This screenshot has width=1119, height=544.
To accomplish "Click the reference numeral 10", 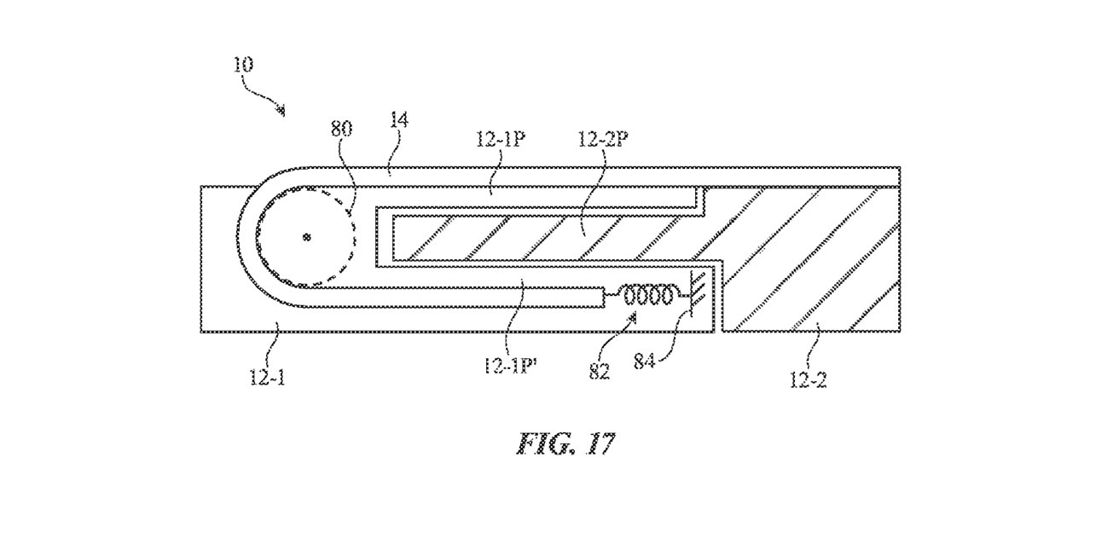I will pos(241,65).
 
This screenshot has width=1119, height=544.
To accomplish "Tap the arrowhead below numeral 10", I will pos(280,109).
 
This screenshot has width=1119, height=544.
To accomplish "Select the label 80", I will pos(341,129).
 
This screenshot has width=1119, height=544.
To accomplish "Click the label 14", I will pos(398,119).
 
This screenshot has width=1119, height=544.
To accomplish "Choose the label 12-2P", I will pos(602,140).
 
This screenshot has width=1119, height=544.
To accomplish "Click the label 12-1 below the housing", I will pos(267,377).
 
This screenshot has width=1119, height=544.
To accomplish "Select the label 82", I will pos(599,371).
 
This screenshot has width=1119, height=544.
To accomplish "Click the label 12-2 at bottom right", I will pos(807,379).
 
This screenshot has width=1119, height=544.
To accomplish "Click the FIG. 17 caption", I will pos(565,443).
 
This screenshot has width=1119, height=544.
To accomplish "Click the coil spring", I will pos(652,296).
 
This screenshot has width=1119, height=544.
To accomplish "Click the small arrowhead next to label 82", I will pos(632,317).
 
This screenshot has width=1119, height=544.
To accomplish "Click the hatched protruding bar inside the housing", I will pos(546,239).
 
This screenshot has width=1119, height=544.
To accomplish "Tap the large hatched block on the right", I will pos(810,256).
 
